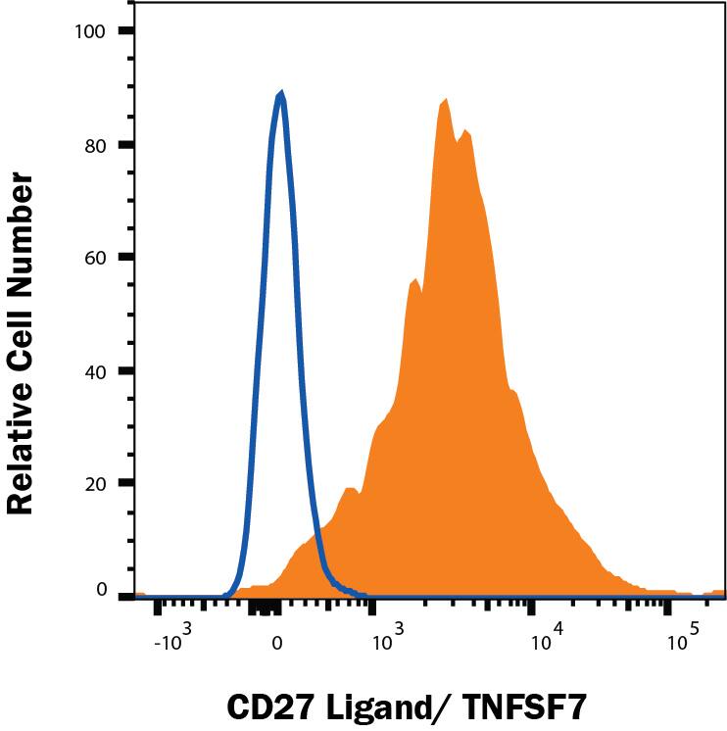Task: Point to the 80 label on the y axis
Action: point(95,144)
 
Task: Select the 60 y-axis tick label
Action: point(95,257)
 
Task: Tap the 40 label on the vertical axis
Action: point(95,370)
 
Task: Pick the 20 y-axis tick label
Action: point(95,483)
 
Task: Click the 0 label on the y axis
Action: point(100,589)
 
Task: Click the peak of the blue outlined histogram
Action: point(281,94)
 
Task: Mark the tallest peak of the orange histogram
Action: point(445,100)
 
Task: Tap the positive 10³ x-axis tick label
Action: point(389,641)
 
